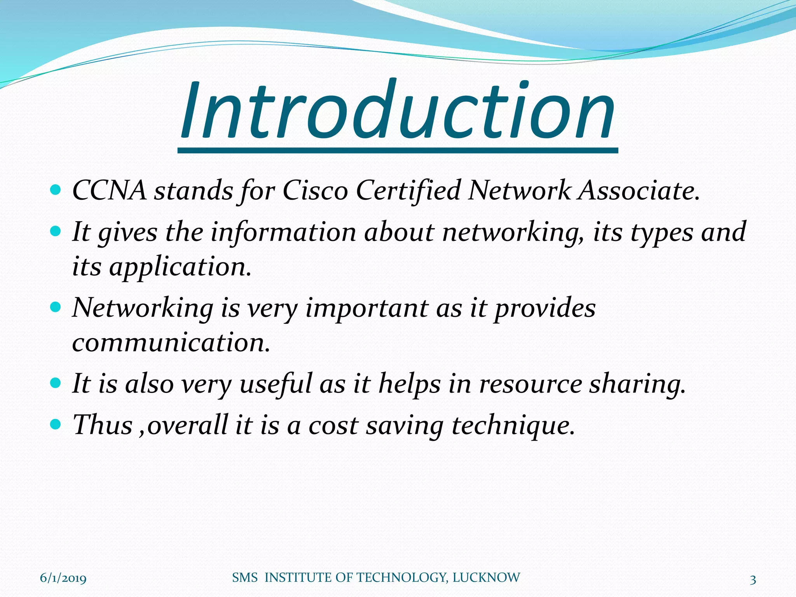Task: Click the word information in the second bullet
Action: (283, 232)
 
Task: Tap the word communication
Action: (171, 343)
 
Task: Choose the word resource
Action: (531, 384)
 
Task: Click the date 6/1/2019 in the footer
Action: (63, 579)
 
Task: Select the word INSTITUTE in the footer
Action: (298, 578)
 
